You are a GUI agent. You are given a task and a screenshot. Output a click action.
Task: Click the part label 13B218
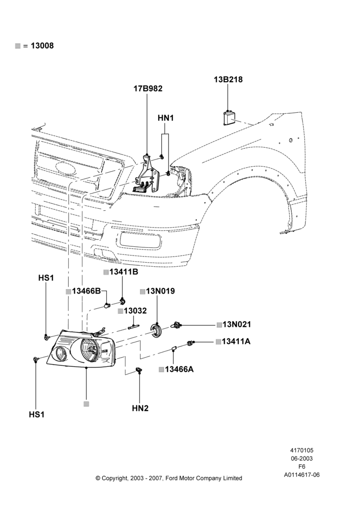click(x=228, y=79)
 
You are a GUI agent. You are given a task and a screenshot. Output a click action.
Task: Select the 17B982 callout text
click(x=148, y=88)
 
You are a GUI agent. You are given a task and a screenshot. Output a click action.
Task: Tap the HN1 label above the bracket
click(x=166, y=118)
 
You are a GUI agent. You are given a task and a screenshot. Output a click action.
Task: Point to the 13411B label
click(x=124, y=272)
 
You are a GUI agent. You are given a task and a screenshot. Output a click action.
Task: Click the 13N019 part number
click(x=160, y=291)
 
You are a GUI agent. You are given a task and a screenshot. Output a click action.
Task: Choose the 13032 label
click(x=135, y=311)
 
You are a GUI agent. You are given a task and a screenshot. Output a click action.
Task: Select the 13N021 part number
click(x=237, y=324)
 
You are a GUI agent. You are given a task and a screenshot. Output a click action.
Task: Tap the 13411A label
click(x=236, y=341)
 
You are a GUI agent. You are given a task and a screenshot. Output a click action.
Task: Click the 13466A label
click(x=179, y=369)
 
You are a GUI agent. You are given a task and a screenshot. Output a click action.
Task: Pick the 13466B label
click(x=86, y=291)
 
